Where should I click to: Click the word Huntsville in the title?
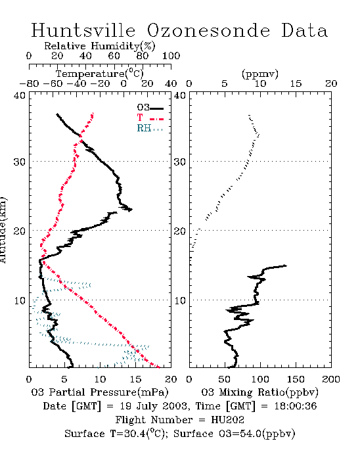[83, 30]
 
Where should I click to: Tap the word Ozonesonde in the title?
[208, 30]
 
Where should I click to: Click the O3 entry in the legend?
[150, 107]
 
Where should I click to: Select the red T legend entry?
[150, 118]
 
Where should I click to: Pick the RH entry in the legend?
[150, 128]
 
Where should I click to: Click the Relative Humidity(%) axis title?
[100, 46]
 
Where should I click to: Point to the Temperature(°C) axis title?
[100, 74]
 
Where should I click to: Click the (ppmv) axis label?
[260, 74]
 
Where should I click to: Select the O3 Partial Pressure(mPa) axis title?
[100, 392]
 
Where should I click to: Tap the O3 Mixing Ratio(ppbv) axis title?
[259, 392]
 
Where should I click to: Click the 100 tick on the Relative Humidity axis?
[171, 56]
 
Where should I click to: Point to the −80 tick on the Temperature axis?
[29, 83]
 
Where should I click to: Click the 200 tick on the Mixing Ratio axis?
[331, 379]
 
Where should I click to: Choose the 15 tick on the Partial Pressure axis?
[135, 379]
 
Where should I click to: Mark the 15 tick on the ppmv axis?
[296, 83]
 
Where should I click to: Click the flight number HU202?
[227, 420]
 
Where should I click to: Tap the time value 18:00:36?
[296, 406]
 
